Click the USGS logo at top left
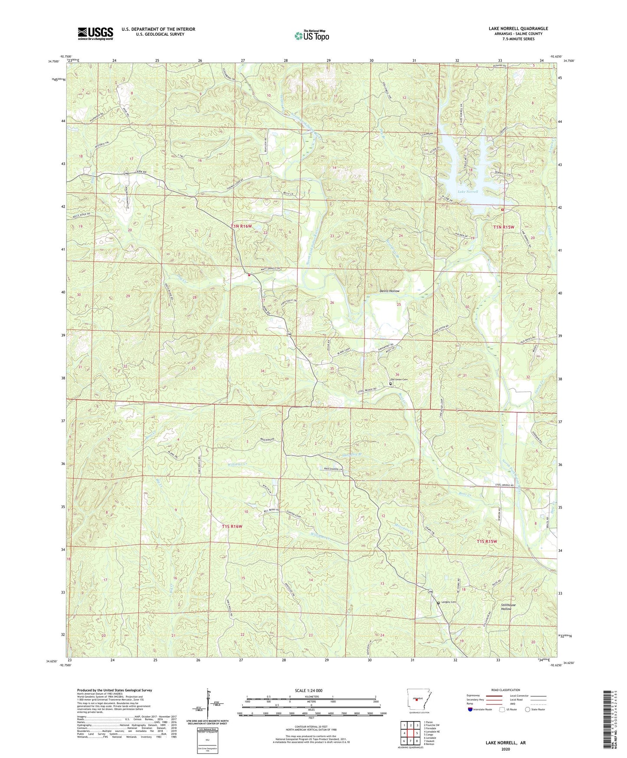(x=95, y=33)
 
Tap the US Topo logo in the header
(x=312, y=36)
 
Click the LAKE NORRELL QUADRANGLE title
(x=518, y=29)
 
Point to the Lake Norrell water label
(x=468, y=191)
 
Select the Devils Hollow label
(x=389, y=291)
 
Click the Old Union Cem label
(x=399, y=379)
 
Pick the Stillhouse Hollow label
(x=506, y=606)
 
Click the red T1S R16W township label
(x=232, y=526)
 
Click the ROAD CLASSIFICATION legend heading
(x=506, y=690)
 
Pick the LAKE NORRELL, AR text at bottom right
(x=506, y=743)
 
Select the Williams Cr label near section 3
(x=237, y=464)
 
